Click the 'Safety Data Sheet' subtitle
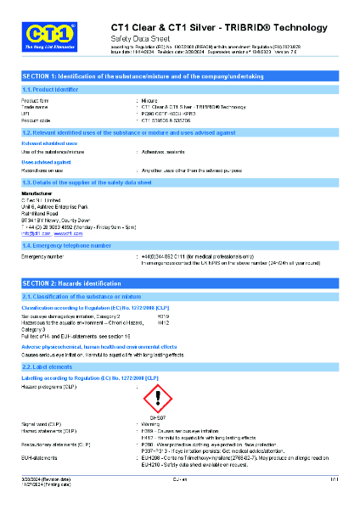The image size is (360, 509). pos(139,39)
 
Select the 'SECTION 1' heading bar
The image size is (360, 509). pos(180,76)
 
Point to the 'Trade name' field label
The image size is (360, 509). pos(35,107)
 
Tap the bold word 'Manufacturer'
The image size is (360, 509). pos(37,193)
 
